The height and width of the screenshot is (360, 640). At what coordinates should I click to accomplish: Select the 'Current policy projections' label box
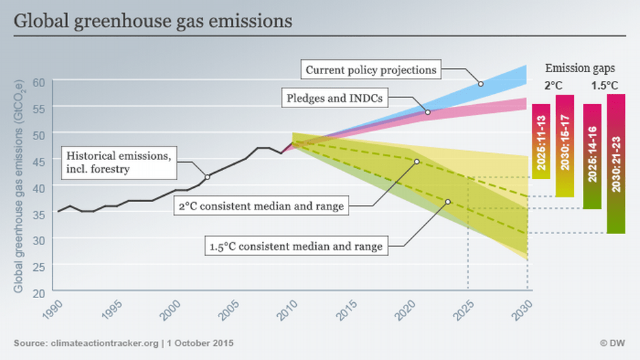click(x=370, y=69)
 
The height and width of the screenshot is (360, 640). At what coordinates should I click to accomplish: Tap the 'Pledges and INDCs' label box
click(x=334, y=99)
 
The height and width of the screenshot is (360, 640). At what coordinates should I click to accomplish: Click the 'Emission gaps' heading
click(x=580, y=68)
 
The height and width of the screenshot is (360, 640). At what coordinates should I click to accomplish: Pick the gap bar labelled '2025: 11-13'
click(x=541, y=142)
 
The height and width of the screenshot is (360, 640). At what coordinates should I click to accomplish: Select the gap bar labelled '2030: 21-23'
click(x=615, y=163)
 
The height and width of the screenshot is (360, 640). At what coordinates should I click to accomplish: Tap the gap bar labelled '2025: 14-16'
click(x=592, y=157)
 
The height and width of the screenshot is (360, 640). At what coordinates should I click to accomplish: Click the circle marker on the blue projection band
click(x=481, y=84)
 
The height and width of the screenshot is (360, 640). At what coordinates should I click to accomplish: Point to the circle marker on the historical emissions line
click(x=207, y=177)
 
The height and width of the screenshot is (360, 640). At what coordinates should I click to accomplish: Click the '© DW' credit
click(x=612, y=343)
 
